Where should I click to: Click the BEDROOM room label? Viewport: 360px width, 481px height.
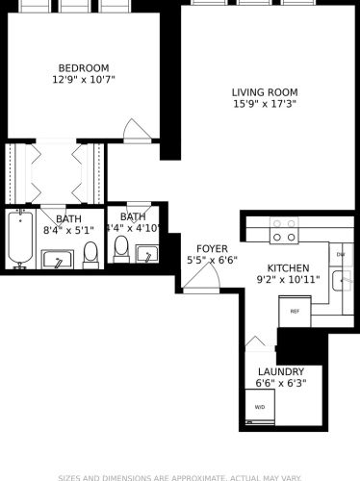(x=84, y=67)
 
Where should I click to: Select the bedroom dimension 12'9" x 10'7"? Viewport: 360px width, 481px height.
(x=84, y=81)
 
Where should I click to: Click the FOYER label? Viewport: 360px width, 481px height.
(x=212, y=248)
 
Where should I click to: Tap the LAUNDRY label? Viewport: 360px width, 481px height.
(x=281, y=371)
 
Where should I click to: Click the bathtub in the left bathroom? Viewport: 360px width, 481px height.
(x=19, y=240)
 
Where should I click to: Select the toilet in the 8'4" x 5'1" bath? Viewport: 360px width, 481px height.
(x=90, y=255)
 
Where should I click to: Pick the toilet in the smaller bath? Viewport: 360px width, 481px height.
(x=121, y=249)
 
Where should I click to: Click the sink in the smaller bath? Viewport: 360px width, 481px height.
(x=147, y=253)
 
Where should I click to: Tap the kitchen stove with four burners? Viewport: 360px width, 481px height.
(x=283, y=231)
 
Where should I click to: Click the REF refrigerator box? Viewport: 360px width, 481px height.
(x=294, y=312)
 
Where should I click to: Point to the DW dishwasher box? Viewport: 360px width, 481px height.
(x=342, y=254)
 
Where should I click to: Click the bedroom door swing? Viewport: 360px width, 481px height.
(x=137, y=129)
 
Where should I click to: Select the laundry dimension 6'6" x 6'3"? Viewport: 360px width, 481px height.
(x=281, y=384)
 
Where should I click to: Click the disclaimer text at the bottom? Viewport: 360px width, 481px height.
(x=180, y=476)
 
